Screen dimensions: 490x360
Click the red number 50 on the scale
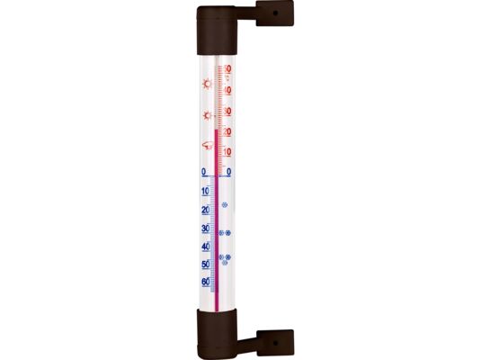tap(227, 68)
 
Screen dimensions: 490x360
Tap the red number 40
tap(227, 91)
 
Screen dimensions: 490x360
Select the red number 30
tap(227, 111)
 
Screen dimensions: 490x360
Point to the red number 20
tap(227, 131)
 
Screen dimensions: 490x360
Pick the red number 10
tap(227, 152)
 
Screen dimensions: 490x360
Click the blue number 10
tap(205, 191)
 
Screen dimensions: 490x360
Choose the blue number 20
tap(205, 210)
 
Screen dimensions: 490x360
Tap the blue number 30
tap(205, 229)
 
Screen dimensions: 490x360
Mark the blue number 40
tap(206, 247)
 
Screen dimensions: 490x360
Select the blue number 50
tap(206, 265)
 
